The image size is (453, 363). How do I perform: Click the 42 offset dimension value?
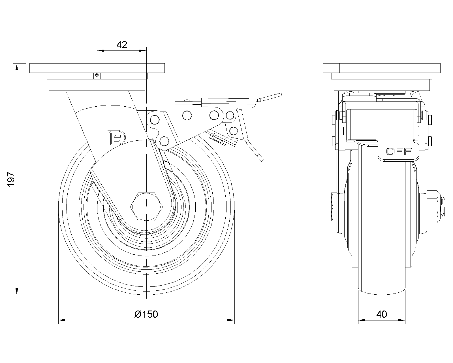122,45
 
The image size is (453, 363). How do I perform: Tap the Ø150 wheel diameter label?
146,314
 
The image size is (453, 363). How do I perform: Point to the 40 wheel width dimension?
382,314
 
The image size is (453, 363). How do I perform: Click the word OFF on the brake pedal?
399,151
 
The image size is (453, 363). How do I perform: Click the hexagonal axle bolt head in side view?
146,207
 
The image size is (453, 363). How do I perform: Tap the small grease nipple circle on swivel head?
97,75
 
